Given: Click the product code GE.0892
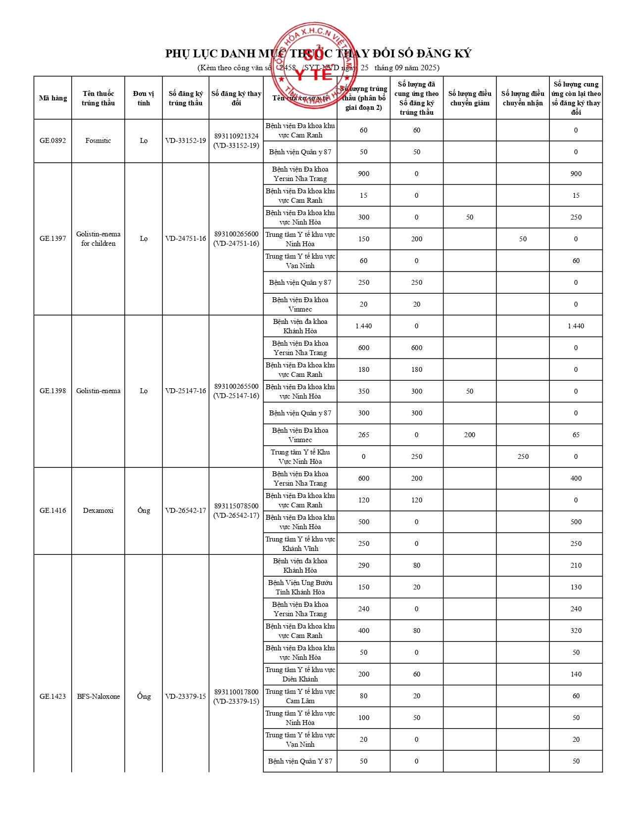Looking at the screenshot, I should tap(52, 140).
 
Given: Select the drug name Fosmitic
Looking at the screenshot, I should tap(98, 140).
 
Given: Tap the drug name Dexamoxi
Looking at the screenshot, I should tap(98, 510).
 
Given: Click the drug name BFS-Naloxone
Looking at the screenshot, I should tap(98, 696).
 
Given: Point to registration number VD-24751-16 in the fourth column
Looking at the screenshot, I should tap(186, 238).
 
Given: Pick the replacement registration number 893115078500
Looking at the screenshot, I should tap(236, 506).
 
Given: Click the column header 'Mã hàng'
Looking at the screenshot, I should tap(52, 98).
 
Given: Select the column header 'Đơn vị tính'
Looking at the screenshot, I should tap(144, 98).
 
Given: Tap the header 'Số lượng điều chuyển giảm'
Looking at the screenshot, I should tap(470, 98).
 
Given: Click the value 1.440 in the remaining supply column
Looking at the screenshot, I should tap(576, 326).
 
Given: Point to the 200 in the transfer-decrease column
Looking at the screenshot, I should tap(470, 435).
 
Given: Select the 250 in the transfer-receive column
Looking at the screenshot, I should tap(523, 456).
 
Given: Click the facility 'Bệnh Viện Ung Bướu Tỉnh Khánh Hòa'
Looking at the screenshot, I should tap(300, 587).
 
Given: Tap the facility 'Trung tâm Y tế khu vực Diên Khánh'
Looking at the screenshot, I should tap(300, 674).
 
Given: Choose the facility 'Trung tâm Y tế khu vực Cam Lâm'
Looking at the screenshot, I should tap(300, 696).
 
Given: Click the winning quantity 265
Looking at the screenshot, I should tap(363, 435).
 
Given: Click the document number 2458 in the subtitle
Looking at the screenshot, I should tap(288, 68).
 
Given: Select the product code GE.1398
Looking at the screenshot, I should tap(52, 391).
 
